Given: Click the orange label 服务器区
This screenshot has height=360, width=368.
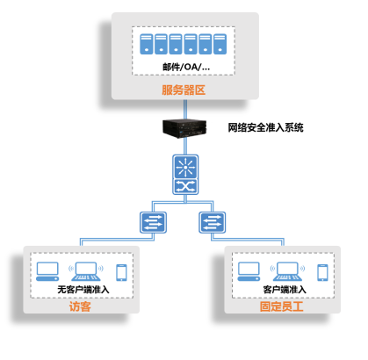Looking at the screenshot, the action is tap(184, 90).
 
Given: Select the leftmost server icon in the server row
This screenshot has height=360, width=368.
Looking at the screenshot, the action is tap(147, 44).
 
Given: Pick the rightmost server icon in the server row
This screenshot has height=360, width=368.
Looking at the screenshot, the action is tap(220, 44).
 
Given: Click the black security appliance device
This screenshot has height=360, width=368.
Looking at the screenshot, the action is tap(184, 128).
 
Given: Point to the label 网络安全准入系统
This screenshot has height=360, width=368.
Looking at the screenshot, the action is tap(265, 127).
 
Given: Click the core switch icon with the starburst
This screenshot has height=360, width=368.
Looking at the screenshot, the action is tap(185, 167).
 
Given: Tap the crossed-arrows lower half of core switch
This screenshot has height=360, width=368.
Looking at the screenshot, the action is tap(185, 187).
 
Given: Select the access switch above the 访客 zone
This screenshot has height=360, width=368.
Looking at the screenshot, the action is tap(153, 222).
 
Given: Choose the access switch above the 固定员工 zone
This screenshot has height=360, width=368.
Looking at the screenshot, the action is tap(213, 222).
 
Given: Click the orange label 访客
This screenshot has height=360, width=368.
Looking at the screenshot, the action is tap(80, 306).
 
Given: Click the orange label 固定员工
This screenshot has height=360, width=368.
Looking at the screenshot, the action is tap(282, 306).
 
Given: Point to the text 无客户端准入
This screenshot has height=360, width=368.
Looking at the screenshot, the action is tap(83, 290).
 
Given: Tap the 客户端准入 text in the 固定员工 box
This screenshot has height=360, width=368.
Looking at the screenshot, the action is tap(285, 290).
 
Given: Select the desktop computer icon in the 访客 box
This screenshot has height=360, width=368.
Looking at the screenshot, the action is tap(47, 271).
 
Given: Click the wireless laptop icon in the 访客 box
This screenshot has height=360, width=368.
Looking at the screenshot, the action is tap(86, 271).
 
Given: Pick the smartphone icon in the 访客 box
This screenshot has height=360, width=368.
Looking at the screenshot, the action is tap(121, 272).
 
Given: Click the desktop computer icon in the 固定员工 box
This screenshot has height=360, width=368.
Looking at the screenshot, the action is tap(249, 271).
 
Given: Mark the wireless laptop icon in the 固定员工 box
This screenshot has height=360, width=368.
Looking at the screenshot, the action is tap(287, 271).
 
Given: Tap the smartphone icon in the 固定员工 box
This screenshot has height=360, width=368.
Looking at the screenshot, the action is tap(322, 272).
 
